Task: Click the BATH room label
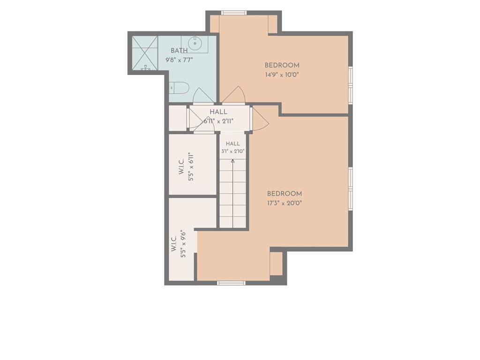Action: coord(179,51)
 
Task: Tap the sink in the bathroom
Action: coord(195,43)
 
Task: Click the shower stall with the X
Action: coord(145,53)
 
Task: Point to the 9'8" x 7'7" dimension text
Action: coord(179,60)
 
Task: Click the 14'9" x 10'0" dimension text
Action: coord(282,75)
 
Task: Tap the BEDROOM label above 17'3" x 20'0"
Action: coord(285,194)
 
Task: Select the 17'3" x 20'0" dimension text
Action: coord(285,202)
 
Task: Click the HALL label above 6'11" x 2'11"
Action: coord(218,112)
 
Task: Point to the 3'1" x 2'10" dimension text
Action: coord(232,151)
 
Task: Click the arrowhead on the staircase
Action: coord(232,161)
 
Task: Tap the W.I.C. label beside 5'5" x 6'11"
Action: coord(181,167)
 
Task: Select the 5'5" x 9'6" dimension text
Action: coord(183,244)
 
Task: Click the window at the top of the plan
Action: coord(234,13)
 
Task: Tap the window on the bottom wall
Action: coord(231,283)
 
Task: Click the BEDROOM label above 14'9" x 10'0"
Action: coord(282,65)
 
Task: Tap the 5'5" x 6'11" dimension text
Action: coord(191,167)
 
